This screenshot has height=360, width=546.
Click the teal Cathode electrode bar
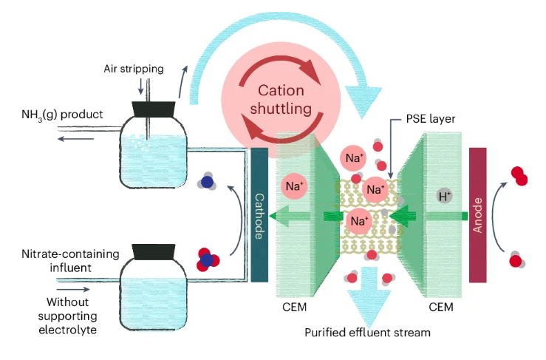point(259,214)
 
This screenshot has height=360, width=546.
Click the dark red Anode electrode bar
point(478,214)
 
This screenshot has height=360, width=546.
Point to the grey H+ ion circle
point(445,196)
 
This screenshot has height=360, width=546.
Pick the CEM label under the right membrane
point(442,304)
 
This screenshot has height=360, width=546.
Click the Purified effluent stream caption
point(367,332)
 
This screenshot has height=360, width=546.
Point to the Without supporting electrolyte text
point(67,313)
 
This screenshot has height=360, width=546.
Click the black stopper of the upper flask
point(154,109)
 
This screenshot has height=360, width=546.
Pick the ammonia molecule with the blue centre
point(208,182)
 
